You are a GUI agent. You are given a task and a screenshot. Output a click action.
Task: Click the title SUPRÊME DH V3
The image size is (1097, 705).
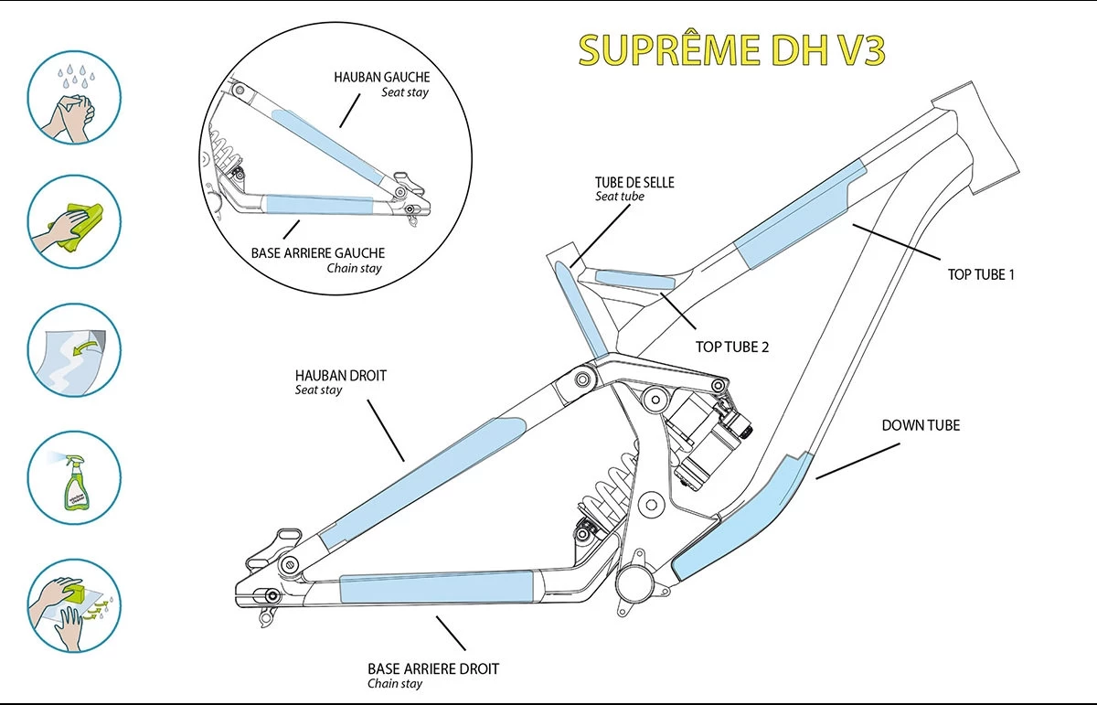(x=731, y=51)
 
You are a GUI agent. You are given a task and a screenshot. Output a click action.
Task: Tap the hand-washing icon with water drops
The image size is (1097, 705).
(x=74, y=97)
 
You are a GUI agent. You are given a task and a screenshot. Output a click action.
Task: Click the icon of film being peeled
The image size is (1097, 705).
(x=74, y=350)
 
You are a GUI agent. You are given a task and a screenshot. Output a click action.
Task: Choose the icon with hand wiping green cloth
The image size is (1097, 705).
(x=74, y=223)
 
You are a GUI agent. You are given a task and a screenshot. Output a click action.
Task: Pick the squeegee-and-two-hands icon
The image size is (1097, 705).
(x=74, y=604)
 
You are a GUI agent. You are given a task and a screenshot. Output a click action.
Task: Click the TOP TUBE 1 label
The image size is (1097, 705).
(x=982, y=274)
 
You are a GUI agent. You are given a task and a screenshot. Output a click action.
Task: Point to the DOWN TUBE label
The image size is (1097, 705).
(x=921, y=425)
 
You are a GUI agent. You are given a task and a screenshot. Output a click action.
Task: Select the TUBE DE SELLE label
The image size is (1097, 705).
(x=634, y=183)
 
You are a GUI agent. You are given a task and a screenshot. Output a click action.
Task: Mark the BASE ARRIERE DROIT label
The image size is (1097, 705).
(x=433, y=668)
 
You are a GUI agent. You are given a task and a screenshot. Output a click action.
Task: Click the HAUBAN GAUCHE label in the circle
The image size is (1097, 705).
(x=382, y=78)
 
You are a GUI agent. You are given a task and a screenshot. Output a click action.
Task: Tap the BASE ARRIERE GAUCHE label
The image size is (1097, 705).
(x=317, y=252)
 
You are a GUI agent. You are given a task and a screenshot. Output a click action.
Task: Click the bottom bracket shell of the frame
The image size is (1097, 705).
(x=634, y=581)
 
